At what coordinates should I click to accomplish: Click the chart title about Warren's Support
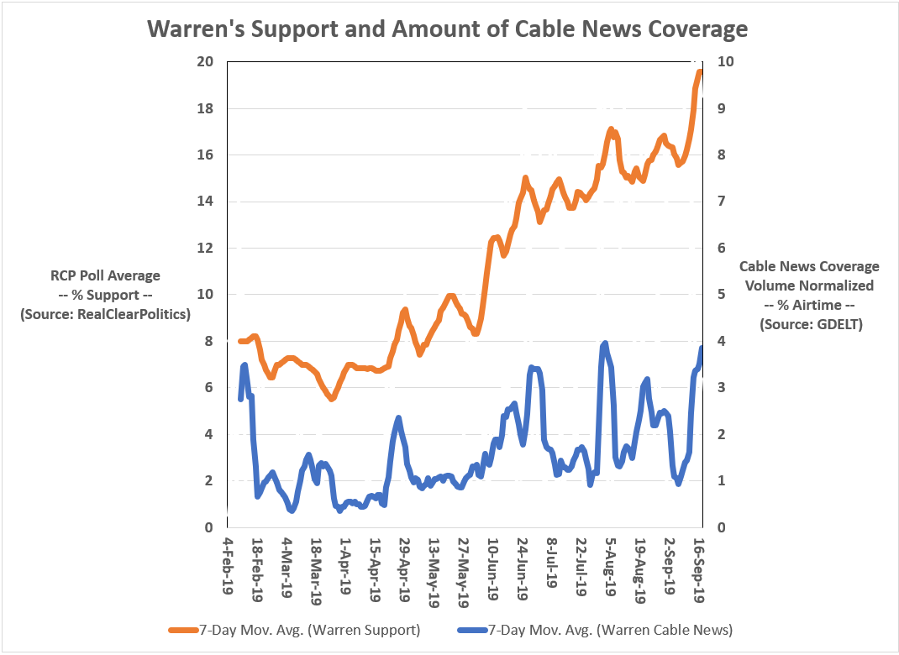pyautogui.click(x=448, y=29)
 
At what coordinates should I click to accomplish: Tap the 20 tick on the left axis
pyautogui.click(x=204, y=62)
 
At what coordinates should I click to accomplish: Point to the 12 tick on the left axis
pyautogui.click(x=204, y=249)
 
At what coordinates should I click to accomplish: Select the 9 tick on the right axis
pyautogui.click(x=718, y=109)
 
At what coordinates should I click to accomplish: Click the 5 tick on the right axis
pyautogui.click(x=718, y=295)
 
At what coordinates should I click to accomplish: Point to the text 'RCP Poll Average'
pyautogui.click(x=104, y=275)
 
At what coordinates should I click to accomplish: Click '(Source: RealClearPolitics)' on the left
pyautogui.click(x=104, y=314)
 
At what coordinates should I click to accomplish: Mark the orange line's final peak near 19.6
pyautogui.click(x=699, y=72)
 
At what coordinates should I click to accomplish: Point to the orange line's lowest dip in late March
pyautogui.click(x=331, y=398)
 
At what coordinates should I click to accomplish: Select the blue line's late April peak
pyautogui.click(x=397, y=417)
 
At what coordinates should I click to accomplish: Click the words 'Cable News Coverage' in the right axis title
pyautogui.click(x=808, y=266)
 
